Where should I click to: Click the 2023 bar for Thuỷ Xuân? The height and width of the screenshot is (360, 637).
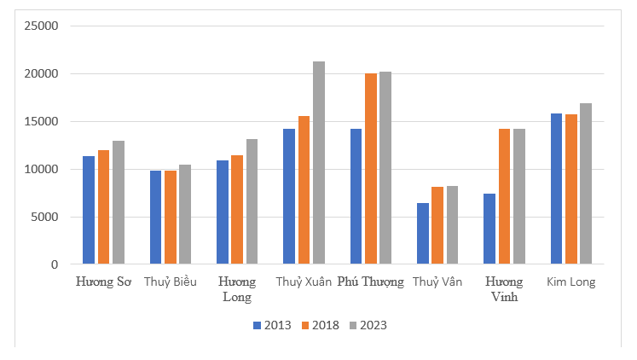[x=318, y=163]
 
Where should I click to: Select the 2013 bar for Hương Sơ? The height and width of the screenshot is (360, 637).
[x=89, y=210]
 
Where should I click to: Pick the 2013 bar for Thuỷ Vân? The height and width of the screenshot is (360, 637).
[x=423, y=234]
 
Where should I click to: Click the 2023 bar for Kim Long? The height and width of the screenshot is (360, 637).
[x=585, y=183]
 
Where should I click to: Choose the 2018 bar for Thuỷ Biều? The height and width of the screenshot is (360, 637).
[x=171, y=218]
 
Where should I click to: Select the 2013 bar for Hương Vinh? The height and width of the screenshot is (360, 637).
[x=489, y=229]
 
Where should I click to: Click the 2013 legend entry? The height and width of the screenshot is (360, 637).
[x=272, y=325]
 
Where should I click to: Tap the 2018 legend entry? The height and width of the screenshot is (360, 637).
[x=321, y=325]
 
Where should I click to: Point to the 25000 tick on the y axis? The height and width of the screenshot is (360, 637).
[x=41, y=26]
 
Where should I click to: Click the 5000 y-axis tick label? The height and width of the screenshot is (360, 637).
[x=44, y=217]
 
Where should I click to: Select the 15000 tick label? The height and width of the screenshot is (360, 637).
[x=41, y=121]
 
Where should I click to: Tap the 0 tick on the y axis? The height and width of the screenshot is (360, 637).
[x=55, y=264]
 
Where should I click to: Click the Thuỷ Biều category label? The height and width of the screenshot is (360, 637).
[x=171, y=282]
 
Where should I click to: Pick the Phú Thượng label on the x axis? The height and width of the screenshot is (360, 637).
[x=370, y=282]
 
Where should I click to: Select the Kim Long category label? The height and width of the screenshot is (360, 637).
[x=571, y=282]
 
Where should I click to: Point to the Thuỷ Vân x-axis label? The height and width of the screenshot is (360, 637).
[x=437, y=282]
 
